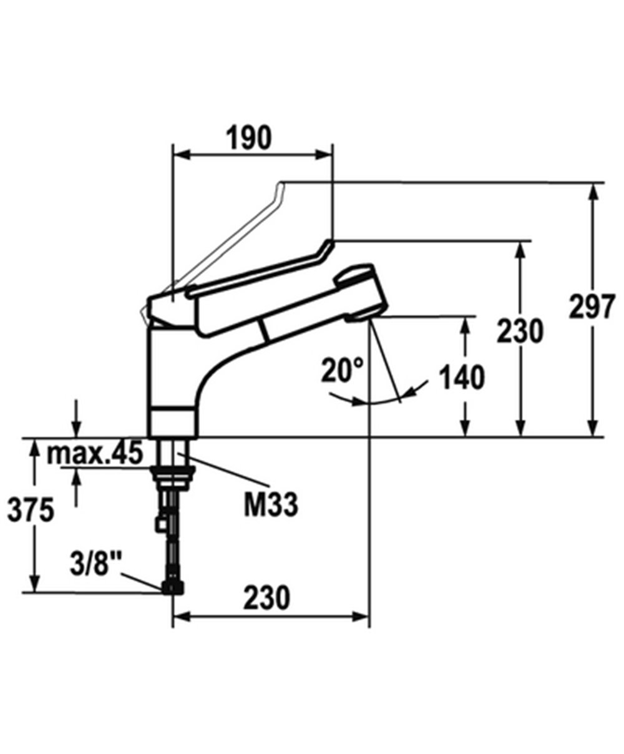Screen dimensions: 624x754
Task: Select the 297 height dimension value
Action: pyautogui.click(x=592, y=306)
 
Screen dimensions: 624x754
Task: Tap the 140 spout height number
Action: pyautogui.click(x=461, y=377)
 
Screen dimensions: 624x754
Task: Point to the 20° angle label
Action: pyautogui.click(x=342, y=370)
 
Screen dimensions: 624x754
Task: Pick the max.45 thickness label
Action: pyautogui.click(x=95, y=454)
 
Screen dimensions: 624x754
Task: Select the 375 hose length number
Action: pyautogui.click(x=31, y=510)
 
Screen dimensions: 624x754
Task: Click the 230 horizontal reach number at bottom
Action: pyautogui.click(x=267, y=597)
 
